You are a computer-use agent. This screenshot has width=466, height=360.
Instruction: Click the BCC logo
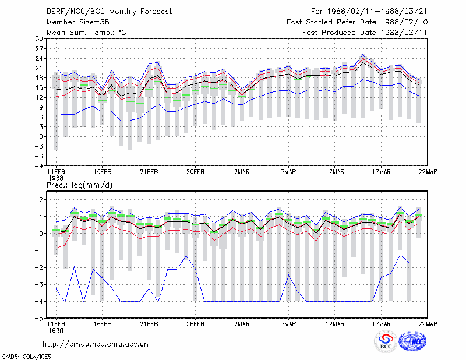386,341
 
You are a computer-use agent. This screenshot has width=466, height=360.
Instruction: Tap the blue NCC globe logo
412,341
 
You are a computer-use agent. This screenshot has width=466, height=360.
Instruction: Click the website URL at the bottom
96,344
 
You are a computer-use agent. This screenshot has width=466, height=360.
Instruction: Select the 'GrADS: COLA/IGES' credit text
26,357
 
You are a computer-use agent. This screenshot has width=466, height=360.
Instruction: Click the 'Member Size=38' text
78,22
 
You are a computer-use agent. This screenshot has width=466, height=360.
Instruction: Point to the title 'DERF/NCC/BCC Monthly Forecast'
109,12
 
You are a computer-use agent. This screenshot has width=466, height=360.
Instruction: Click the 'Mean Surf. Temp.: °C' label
86,33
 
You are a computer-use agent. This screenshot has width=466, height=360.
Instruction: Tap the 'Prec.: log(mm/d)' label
79,185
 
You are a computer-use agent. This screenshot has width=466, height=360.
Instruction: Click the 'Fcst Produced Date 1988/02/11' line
365,33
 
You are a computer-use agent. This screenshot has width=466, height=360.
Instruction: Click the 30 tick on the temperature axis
39,38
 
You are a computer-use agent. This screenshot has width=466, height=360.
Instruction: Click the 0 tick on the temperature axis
41,137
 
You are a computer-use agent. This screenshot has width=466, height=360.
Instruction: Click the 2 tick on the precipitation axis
41,200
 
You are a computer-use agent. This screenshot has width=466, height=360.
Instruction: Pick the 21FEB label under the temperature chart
149,172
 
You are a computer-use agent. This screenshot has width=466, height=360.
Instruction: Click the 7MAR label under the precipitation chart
288,324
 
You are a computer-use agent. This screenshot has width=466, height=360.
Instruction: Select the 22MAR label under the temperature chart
428,172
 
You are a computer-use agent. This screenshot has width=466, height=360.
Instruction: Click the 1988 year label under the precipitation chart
56,330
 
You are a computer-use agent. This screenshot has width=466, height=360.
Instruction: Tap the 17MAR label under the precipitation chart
382,324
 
